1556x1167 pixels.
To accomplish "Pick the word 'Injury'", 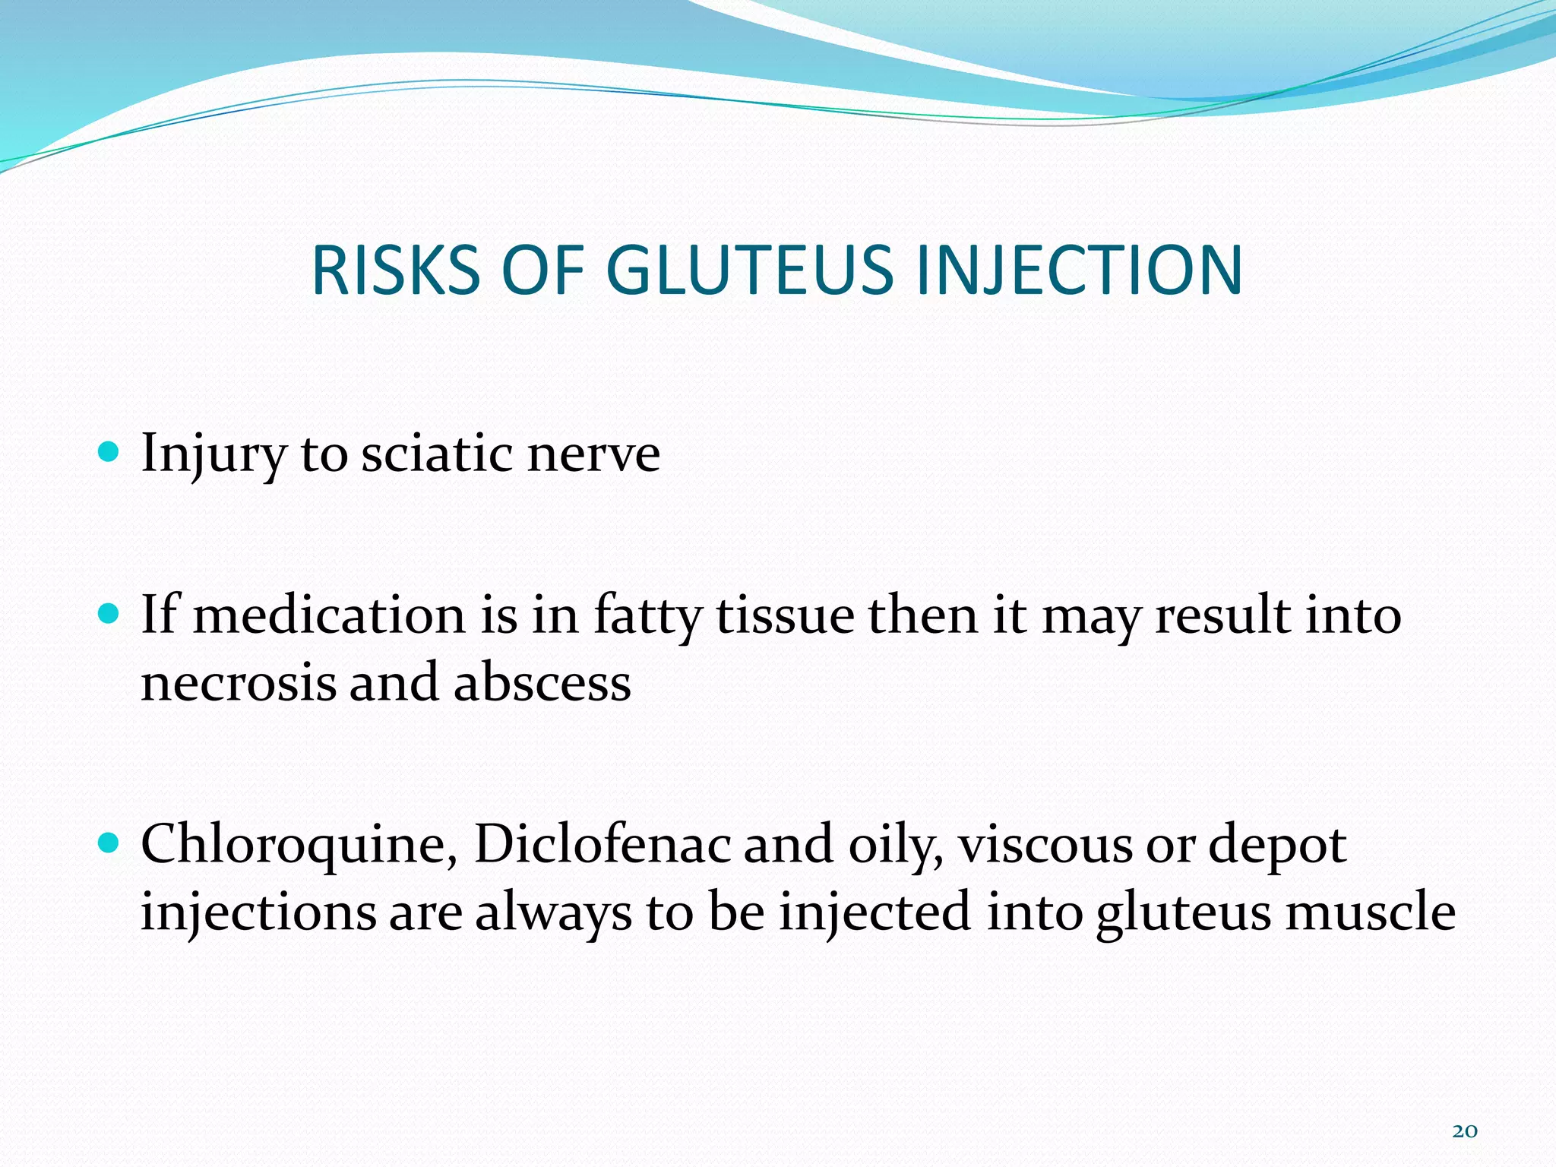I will pyautogui.click(x=213, y=454).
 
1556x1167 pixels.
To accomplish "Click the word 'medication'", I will pyautogui.click(x=329, y=615).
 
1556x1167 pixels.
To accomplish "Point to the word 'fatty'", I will pyautogui.click(x=647, y=615).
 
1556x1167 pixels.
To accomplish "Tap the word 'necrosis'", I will pyautogui.click(x=239, y=682).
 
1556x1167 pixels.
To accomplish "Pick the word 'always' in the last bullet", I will pyautogui.click(x=554, y=912).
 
